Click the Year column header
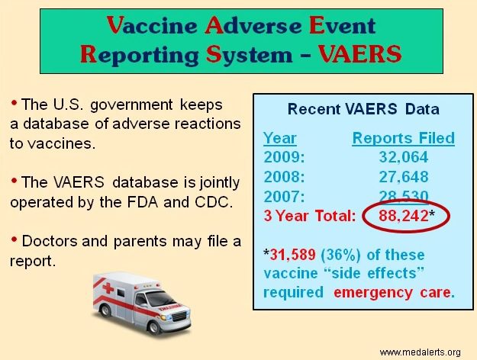280,138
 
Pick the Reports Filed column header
403,138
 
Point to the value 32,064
403,158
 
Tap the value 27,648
403,177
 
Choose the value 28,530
403,196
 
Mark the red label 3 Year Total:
309,216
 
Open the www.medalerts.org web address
420,352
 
